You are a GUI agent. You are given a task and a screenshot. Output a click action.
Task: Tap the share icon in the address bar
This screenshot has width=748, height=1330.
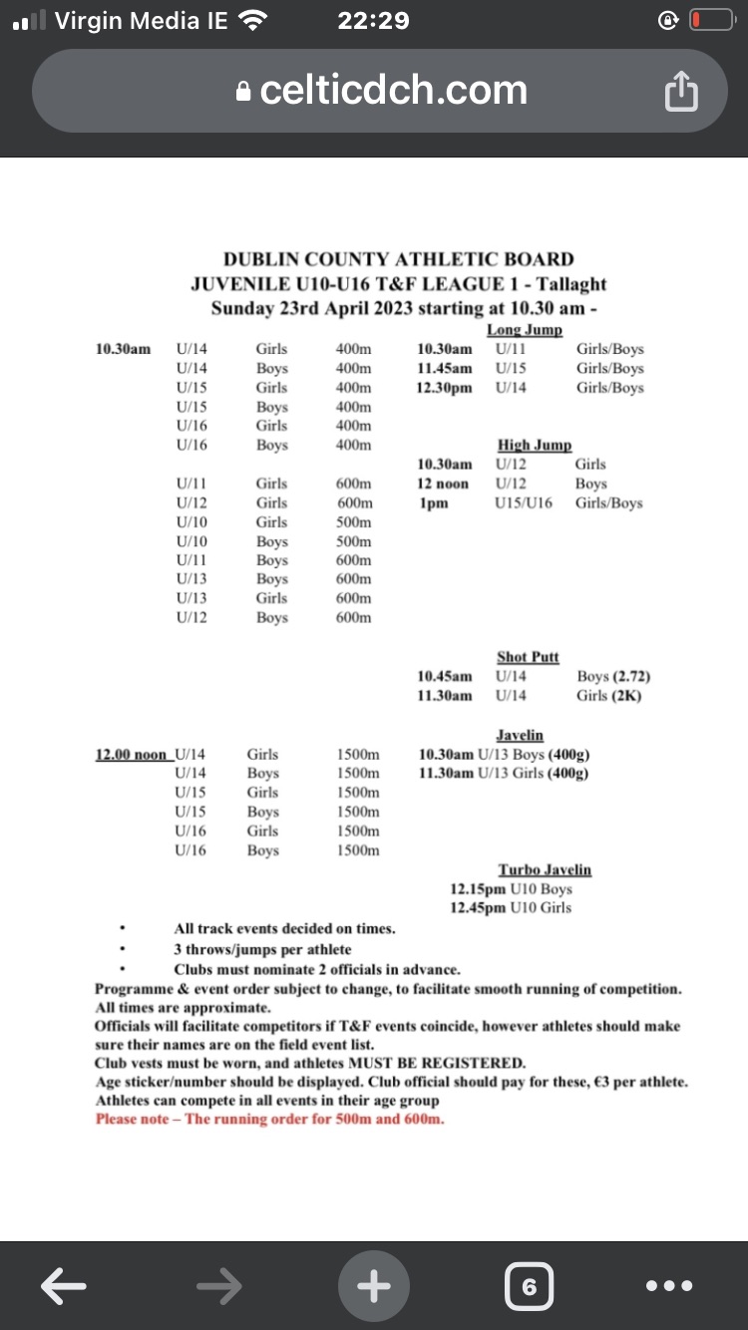tap(680, 93)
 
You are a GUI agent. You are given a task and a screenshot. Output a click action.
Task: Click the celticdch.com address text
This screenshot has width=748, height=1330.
tap(393, 91)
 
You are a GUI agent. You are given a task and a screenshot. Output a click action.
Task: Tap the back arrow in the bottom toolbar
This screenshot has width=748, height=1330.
tap(61, 1286)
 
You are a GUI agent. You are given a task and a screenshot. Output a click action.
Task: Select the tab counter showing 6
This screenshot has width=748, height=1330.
tap(529, 1286)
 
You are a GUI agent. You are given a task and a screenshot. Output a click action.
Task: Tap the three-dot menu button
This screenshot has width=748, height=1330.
tap(668, 1286)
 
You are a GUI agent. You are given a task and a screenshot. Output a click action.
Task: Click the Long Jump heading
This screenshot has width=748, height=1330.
tap(525, 330)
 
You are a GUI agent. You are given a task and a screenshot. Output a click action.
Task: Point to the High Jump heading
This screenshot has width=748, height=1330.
tap(535, 445)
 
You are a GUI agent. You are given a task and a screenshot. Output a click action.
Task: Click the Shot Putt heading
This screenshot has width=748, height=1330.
tap(528, 657)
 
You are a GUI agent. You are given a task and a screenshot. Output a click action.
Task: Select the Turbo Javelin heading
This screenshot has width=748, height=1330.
tap(545, 869)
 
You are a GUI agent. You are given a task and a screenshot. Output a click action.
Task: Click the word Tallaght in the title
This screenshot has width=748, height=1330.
tap(569, 284)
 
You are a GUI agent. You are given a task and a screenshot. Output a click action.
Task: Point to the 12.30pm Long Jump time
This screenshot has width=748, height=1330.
tap(445, 388)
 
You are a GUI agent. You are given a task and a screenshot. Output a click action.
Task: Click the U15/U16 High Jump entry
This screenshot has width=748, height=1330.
tap(523, 502)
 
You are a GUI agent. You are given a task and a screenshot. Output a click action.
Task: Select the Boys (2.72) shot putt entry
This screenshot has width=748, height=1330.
tap(613, 677)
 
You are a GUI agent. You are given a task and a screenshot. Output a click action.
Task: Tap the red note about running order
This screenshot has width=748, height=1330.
tap(269, 1119)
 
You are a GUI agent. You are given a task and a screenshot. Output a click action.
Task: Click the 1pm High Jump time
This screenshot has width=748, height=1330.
tap(434, 502)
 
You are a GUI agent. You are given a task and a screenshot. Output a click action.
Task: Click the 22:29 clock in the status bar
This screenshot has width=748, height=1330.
tap(373, 20)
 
